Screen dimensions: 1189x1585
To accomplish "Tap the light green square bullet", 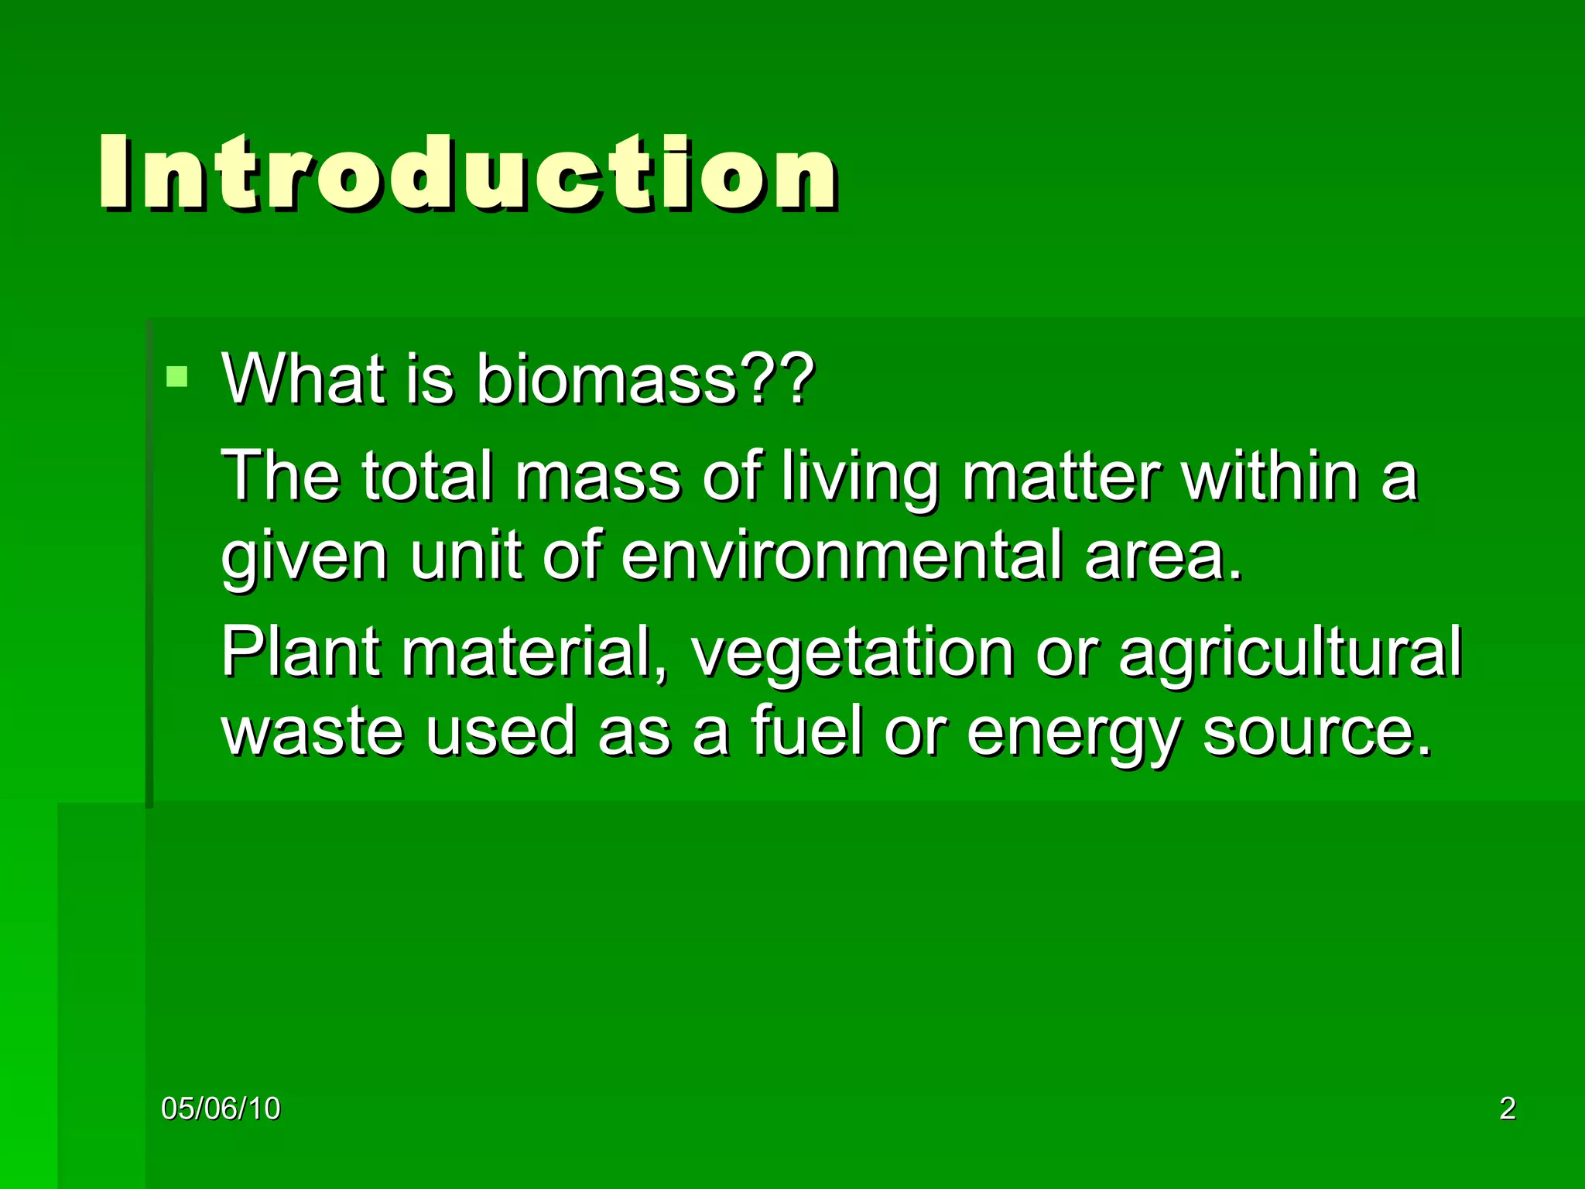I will [177, 377].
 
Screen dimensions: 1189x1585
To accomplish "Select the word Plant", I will [302, 652].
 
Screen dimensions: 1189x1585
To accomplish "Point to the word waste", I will [313, 732].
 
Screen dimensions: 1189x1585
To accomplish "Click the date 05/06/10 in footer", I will [221, 1108].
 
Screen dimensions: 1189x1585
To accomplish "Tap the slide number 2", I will [1508, 1108].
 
